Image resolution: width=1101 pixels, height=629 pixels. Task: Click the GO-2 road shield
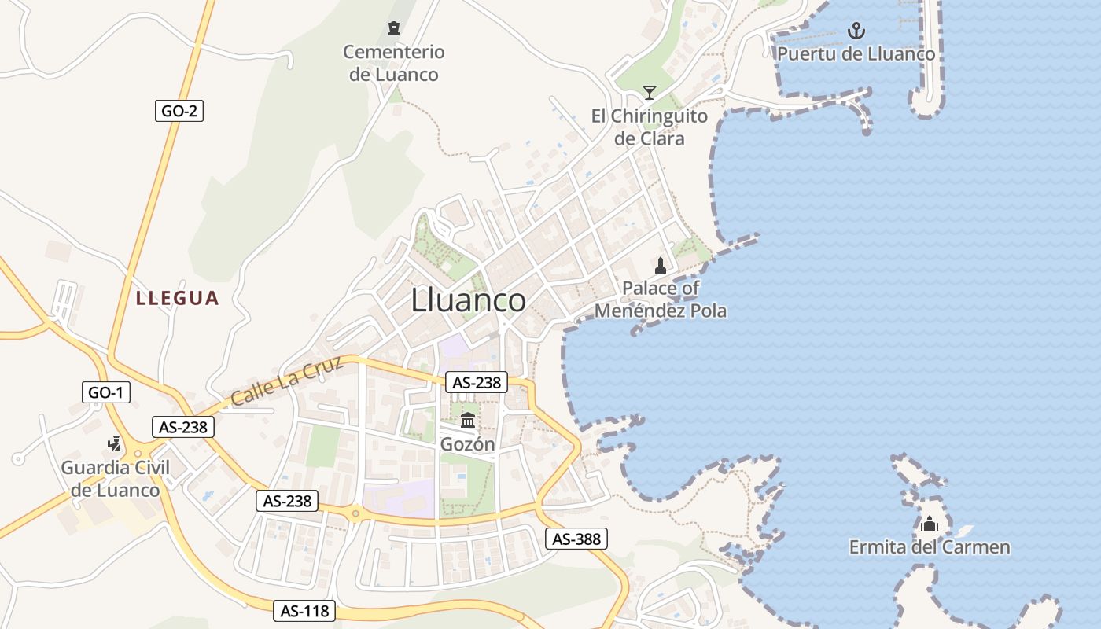179,111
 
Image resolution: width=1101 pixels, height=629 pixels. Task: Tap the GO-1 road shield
106,392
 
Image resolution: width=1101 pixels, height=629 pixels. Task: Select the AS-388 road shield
576,539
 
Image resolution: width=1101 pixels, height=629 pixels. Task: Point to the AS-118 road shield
304,610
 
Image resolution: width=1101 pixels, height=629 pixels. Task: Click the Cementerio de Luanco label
393,64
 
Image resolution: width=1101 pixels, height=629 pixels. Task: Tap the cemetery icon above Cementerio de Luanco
393,29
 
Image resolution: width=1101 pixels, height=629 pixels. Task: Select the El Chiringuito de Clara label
649,127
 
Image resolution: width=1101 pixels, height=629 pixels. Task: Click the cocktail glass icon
649,93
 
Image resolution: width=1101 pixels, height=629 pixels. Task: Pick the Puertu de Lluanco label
856,54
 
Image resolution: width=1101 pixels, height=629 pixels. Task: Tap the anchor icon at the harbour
856,31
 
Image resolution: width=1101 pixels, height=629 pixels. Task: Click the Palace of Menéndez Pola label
661,300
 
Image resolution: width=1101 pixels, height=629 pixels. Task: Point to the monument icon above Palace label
661,266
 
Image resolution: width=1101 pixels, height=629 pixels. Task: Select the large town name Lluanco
469,300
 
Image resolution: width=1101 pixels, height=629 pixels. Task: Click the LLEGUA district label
177,298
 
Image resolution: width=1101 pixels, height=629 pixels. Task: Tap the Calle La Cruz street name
287,381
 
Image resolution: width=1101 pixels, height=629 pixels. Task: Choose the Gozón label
468,444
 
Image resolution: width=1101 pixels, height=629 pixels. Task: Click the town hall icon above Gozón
468,420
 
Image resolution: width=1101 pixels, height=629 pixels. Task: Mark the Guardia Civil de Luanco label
116,479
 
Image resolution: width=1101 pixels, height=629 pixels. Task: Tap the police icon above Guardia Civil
115,444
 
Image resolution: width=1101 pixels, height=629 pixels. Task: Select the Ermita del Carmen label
930,547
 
